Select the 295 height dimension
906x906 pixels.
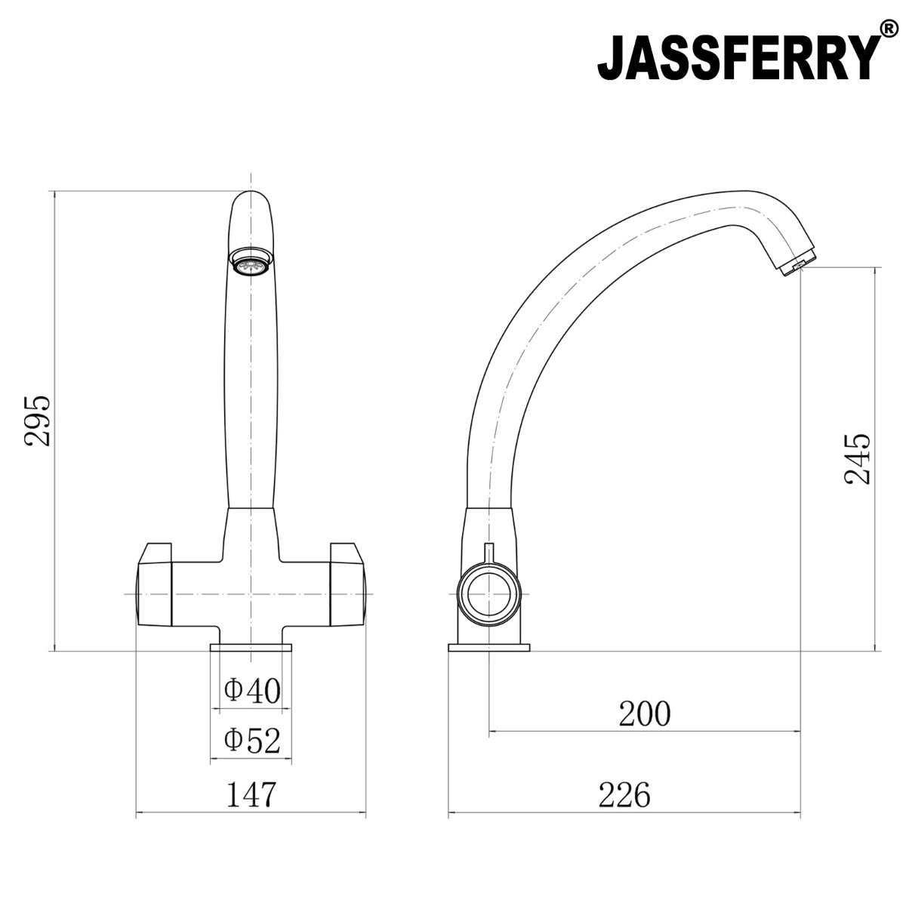(x=37, y=421)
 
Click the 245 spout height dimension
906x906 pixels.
(x=858, y=458)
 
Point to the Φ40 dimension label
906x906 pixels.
(x=252, y=689)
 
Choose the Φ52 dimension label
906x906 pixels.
(x=252, y=741)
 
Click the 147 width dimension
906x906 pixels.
(x=251, y=794)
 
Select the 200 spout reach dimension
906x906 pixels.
(x=644, y=713)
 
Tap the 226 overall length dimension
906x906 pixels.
(x=624, y=794)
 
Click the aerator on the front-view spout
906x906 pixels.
(x=250, y=265)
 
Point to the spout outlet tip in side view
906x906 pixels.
(x=797, y=263)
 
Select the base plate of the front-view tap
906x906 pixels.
(x=251, y=647)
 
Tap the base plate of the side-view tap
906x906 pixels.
(x=488, y=647)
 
